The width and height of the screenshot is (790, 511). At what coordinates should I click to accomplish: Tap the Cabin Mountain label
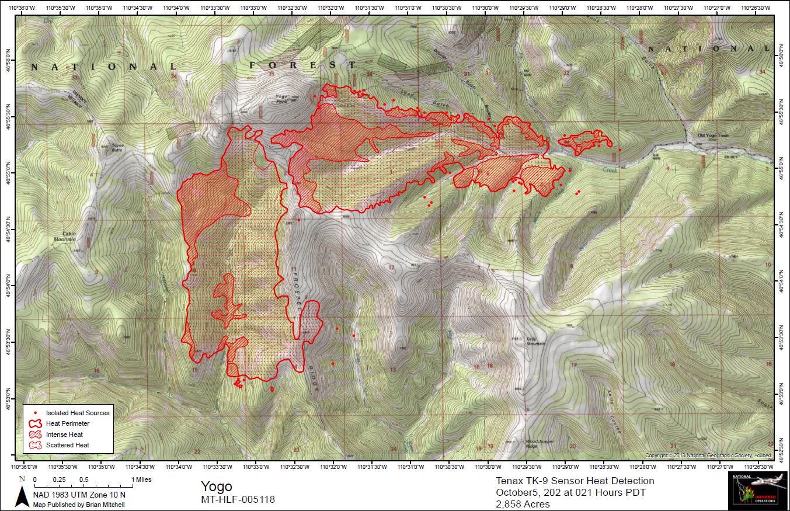tap(65, 236)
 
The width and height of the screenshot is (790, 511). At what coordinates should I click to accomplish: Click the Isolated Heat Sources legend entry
tap(77, 413)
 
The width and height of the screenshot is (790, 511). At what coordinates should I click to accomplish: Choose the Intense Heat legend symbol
tap(35, 434)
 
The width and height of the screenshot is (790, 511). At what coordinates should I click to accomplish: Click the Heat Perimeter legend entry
tap(67, 423)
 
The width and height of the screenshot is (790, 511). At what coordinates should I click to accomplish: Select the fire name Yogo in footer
tap(217, 486)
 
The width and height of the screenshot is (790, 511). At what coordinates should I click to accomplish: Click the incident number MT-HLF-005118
tap(238, 499)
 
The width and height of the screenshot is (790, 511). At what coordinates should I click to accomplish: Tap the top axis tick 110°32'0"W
tap(332, 7)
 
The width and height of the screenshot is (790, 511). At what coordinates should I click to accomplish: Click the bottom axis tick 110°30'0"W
tap(489, 467)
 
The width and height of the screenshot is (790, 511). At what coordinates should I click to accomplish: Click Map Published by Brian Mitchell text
tap(78, 505)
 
